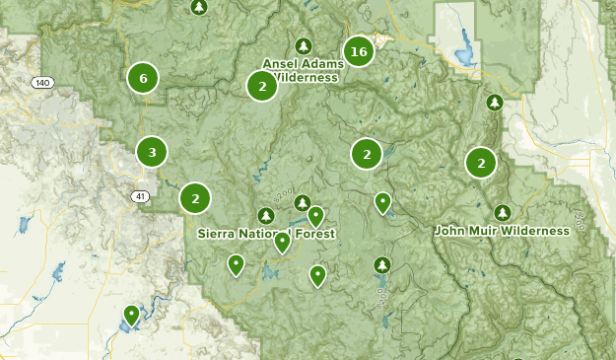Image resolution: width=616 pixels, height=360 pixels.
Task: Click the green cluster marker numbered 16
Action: pos(358,51)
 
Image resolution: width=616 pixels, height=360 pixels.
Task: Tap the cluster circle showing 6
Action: pos(143,77)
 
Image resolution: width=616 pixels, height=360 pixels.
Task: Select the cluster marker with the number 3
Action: pos(151,152)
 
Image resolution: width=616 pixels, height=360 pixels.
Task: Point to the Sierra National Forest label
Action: pos(266,234)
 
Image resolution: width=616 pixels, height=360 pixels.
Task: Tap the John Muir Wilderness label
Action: pos(502,231)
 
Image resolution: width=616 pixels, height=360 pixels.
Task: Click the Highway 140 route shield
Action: pos(40,82)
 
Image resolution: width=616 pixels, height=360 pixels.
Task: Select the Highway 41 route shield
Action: pos(141,196)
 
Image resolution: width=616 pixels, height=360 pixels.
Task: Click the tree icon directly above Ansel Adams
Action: pos(304,46)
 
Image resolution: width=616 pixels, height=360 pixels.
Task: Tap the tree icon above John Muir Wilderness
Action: pos(503,212)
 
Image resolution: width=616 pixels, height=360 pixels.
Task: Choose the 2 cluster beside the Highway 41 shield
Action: pos(195,198)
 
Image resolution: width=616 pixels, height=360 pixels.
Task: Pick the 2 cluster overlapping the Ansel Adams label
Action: pos(262,87)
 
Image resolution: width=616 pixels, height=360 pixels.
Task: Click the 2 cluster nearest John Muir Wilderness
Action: pos(481,163)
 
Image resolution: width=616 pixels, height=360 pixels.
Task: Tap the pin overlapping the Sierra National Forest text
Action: pos(282,241)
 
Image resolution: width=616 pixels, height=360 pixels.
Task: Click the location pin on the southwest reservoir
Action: pos(131,315)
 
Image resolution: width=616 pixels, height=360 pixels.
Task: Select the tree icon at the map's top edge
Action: pos(200,7)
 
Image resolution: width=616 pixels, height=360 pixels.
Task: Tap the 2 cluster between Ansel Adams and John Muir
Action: pos(367,153)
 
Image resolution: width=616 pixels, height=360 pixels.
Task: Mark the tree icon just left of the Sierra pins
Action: pos(265,215)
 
